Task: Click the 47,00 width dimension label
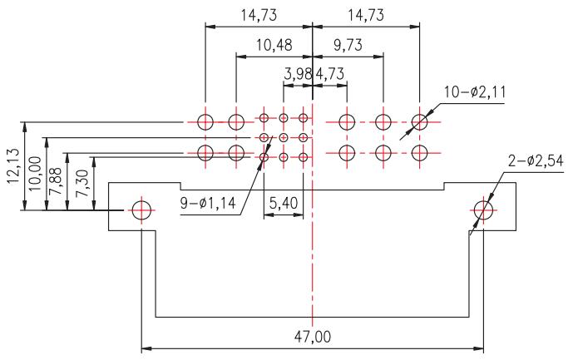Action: (313, 337)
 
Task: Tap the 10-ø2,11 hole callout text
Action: (475, 92)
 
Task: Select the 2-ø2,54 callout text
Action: (536, 160)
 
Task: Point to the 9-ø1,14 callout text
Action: (208, 203)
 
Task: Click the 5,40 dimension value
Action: (284, 203)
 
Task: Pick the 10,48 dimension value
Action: (274, 45)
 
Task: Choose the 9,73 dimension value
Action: (348, 45)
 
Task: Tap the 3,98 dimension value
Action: (298, 74)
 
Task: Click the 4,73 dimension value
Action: (329, 74)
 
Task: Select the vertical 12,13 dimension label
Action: (13, 165)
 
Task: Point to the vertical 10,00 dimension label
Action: (35, 173)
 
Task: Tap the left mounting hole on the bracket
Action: (141, 210)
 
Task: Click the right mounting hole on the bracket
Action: (483, 210)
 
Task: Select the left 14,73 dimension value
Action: (259, 15)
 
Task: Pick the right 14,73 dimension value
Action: (366, 15)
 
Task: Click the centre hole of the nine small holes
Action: (284, 137)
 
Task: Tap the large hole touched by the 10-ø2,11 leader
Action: (419, 121)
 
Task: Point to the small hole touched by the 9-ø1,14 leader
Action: (264, 157)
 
